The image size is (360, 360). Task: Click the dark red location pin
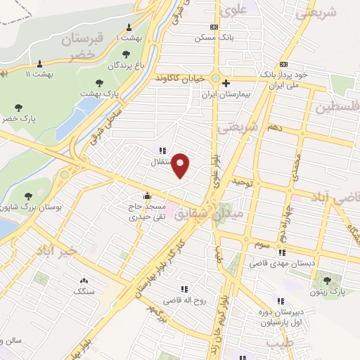(181, 165)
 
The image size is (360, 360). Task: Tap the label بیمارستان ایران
(218, 93)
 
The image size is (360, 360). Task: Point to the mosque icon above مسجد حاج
(146, 196)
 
